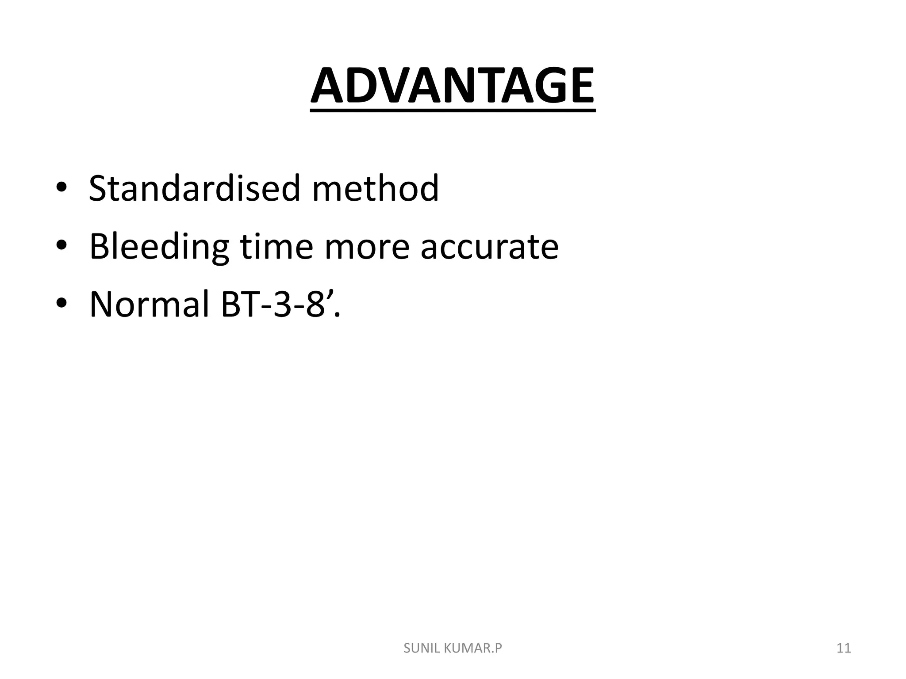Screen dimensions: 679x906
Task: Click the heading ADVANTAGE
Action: pyautogui.click(x=453, y=86)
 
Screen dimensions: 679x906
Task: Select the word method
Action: pyautogui.click(x=375, y=189)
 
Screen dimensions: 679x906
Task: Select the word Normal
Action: pyautogui.click(x=149, y=305)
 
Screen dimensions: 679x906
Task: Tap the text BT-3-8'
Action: pyautogui.click(x=280, y=305)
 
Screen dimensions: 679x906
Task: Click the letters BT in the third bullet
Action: pyautogui.click(x=239, y=305)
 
